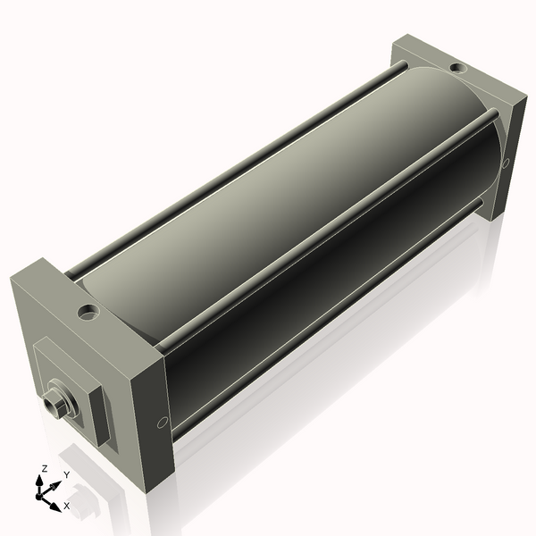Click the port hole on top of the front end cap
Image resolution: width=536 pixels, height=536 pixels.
coord(88,313)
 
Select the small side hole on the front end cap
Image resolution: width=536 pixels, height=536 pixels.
coord(161,423)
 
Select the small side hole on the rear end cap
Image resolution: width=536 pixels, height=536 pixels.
coord(507,163)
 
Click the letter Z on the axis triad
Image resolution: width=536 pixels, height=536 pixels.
coord(44,468)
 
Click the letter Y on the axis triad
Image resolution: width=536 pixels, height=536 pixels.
coord(64,474)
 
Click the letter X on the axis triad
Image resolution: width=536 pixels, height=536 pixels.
coord(67,506)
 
